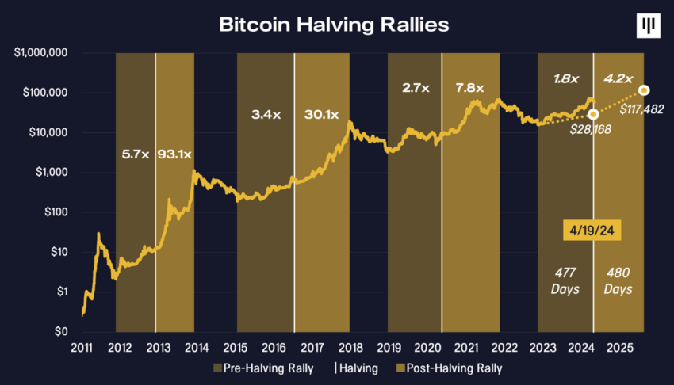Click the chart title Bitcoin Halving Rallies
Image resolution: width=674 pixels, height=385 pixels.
click(x=334, y=25)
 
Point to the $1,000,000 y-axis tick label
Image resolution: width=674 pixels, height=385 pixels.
click(x=40, y=53)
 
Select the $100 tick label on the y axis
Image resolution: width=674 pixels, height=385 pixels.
click(x=57, y=212)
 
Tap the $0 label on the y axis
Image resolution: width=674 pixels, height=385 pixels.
click(x=62, y=332)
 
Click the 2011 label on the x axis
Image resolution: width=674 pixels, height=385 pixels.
click(x=82, y=347)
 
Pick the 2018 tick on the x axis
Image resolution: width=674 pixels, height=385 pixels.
click(x=350, y=347)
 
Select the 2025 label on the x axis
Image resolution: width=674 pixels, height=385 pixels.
click(x=618, y=347)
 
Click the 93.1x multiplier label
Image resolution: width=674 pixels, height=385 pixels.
click(x=174, y=154)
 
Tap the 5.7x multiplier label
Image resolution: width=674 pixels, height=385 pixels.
click(x=136, y=154)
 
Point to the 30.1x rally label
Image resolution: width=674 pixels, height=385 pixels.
click(x=322, y=114)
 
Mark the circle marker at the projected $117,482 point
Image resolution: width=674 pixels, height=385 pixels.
click(x=644, y=90)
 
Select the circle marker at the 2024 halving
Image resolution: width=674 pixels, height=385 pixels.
click(x=593, y=114)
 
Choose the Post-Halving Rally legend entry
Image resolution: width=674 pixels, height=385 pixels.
click(x=449, y=368)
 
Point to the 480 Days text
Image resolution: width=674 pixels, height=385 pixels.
click(x=617, y=280)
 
